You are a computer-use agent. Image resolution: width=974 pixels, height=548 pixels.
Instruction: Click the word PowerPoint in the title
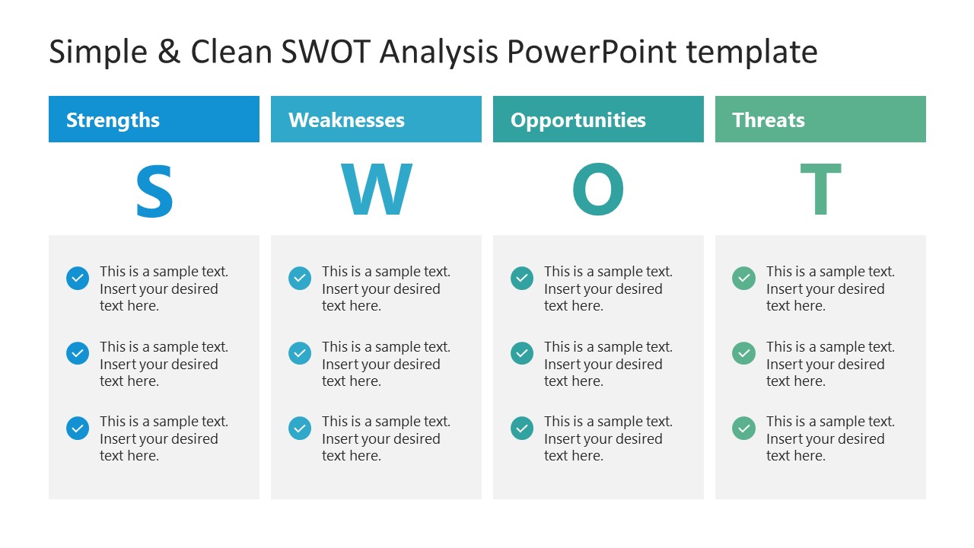(x=590, y=53)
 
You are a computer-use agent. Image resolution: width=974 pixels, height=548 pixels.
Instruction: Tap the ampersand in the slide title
(x=166, y=53)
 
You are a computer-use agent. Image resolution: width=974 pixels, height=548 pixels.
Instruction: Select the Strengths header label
(x=113, y=120)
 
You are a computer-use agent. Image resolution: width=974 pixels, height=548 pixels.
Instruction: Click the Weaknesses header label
(x=346, y=120)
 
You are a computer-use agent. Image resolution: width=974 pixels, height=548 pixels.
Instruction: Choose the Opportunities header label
(x=578, y=120)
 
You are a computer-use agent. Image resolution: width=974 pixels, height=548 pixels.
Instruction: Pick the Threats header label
(x=768, y=120)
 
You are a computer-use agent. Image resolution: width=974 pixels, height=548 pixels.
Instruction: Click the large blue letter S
(x=154, y=190)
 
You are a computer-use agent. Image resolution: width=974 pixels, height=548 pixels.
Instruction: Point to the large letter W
(x=376, y=190)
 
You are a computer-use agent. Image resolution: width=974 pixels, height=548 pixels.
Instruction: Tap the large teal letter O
(x=598, y=190)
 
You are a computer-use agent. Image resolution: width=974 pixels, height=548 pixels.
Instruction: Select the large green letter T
(x=820, y=190)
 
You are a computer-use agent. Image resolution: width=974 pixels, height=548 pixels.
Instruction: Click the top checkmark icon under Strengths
(x=78, y=279)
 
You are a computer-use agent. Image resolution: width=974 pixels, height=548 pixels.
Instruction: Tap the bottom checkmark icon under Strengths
(x=78, y=429)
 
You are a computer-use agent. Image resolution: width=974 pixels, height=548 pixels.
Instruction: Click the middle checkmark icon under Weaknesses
(x=300, y=353)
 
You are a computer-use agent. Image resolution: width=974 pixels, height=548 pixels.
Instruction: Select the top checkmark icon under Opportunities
(x=522, y=279)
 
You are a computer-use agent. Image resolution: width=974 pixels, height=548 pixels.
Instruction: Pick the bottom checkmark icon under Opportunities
(x=522, y=429)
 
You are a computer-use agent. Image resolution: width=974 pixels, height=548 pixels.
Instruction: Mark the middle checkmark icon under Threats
(x=743, y=353)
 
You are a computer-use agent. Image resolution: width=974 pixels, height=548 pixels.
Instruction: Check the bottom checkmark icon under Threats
(x=743, y=429)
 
